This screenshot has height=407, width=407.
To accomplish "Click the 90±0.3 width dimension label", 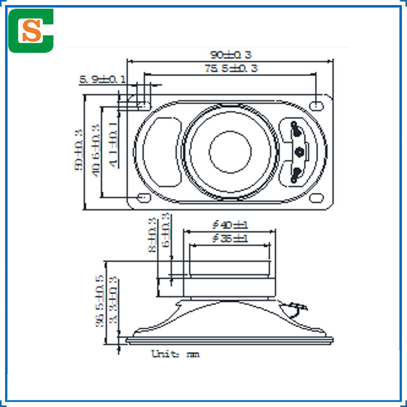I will (231, 54).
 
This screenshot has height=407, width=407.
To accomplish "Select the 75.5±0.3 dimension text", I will (231, 69).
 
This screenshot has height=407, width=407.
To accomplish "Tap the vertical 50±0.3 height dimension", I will (79, 150).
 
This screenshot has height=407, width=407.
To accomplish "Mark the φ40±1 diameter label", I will (229, 224).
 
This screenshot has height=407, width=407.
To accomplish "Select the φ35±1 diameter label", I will (229, 238).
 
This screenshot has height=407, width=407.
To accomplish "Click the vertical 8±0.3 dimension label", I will (152, 236).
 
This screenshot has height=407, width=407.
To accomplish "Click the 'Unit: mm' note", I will (176, 354).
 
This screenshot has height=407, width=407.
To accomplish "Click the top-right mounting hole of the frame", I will (317, 105).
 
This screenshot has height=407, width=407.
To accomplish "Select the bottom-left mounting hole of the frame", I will (144, 197).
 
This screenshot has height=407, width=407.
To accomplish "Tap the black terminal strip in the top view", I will (297, 151).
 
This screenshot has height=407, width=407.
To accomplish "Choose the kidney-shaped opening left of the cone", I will (164, 151).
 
